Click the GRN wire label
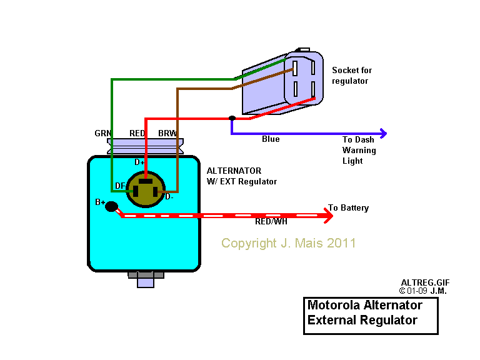pyautogui.click(x=102, y=134)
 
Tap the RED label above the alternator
pyautogui.click(x=137, y=134)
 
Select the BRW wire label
pyautogui.click(x=167, y=134)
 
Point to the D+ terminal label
pyautogui.click(x=139, y=162)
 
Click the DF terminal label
pyautogui.click(x=120, y=186)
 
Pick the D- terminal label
pyautogui.click(x=169, y=197)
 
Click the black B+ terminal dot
pyautogui.click(x=111, y=207)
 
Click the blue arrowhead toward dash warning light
pyautogui.click(x=382, y=133)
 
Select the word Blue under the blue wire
pyautogui.click(x=271, y=139)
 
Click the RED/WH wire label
pyautogui.click(x=271, y=222)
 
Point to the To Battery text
pyautogui.click(x=348, y=208)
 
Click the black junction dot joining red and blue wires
pyautogui.click(x=232, y=118)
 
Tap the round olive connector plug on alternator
pyautogui.click(x=146, y=189)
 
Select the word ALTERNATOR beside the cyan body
pyautogui.click(x=234, y=171)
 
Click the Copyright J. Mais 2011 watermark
pyautogui.click(x=288, y=243)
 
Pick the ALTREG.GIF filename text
pyautogui.click(x=425, y=283)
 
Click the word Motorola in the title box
pyautogui.click(x=334, y=306)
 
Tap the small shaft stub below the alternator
pyautogui.click(x=145, y=282)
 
